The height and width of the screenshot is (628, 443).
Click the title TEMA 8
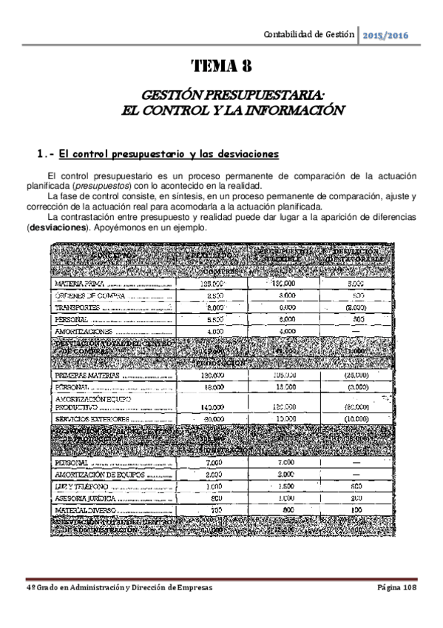(x=222, y=67)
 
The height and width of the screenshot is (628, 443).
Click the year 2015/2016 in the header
(x=386, y=35)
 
